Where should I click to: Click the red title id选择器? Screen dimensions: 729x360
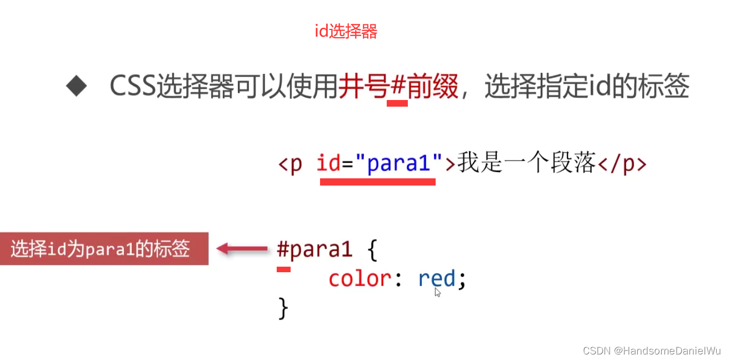346,32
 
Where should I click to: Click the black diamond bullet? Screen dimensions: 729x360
77,87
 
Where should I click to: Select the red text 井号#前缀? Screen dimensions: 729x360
398,87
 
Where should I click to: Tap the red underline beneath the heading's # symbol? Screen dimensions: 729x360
397,103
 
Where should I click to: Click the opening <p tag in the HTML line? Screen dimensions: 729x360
290,164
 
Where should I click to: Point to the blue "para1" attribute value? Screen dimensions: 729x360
398,164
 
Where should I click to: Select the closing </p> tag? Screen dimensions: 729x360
622,164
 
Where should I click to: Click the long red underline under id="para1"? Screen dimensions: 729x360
377,181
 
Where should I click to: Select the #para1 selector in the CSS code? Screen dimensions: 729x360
314,250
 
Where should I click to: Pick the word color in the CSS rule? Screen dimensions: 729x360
359,278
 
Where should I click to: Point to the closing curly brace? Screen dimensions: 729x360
283,308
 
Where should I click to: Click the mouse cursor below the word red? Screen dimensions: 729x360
437,292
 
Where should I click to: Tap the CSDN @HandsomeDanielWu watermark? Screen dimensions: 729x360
651,351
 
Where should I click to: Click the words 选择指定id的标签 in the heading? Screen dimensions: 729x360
587,87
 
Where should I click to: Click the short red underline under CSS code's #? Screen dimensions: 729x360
283,269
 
